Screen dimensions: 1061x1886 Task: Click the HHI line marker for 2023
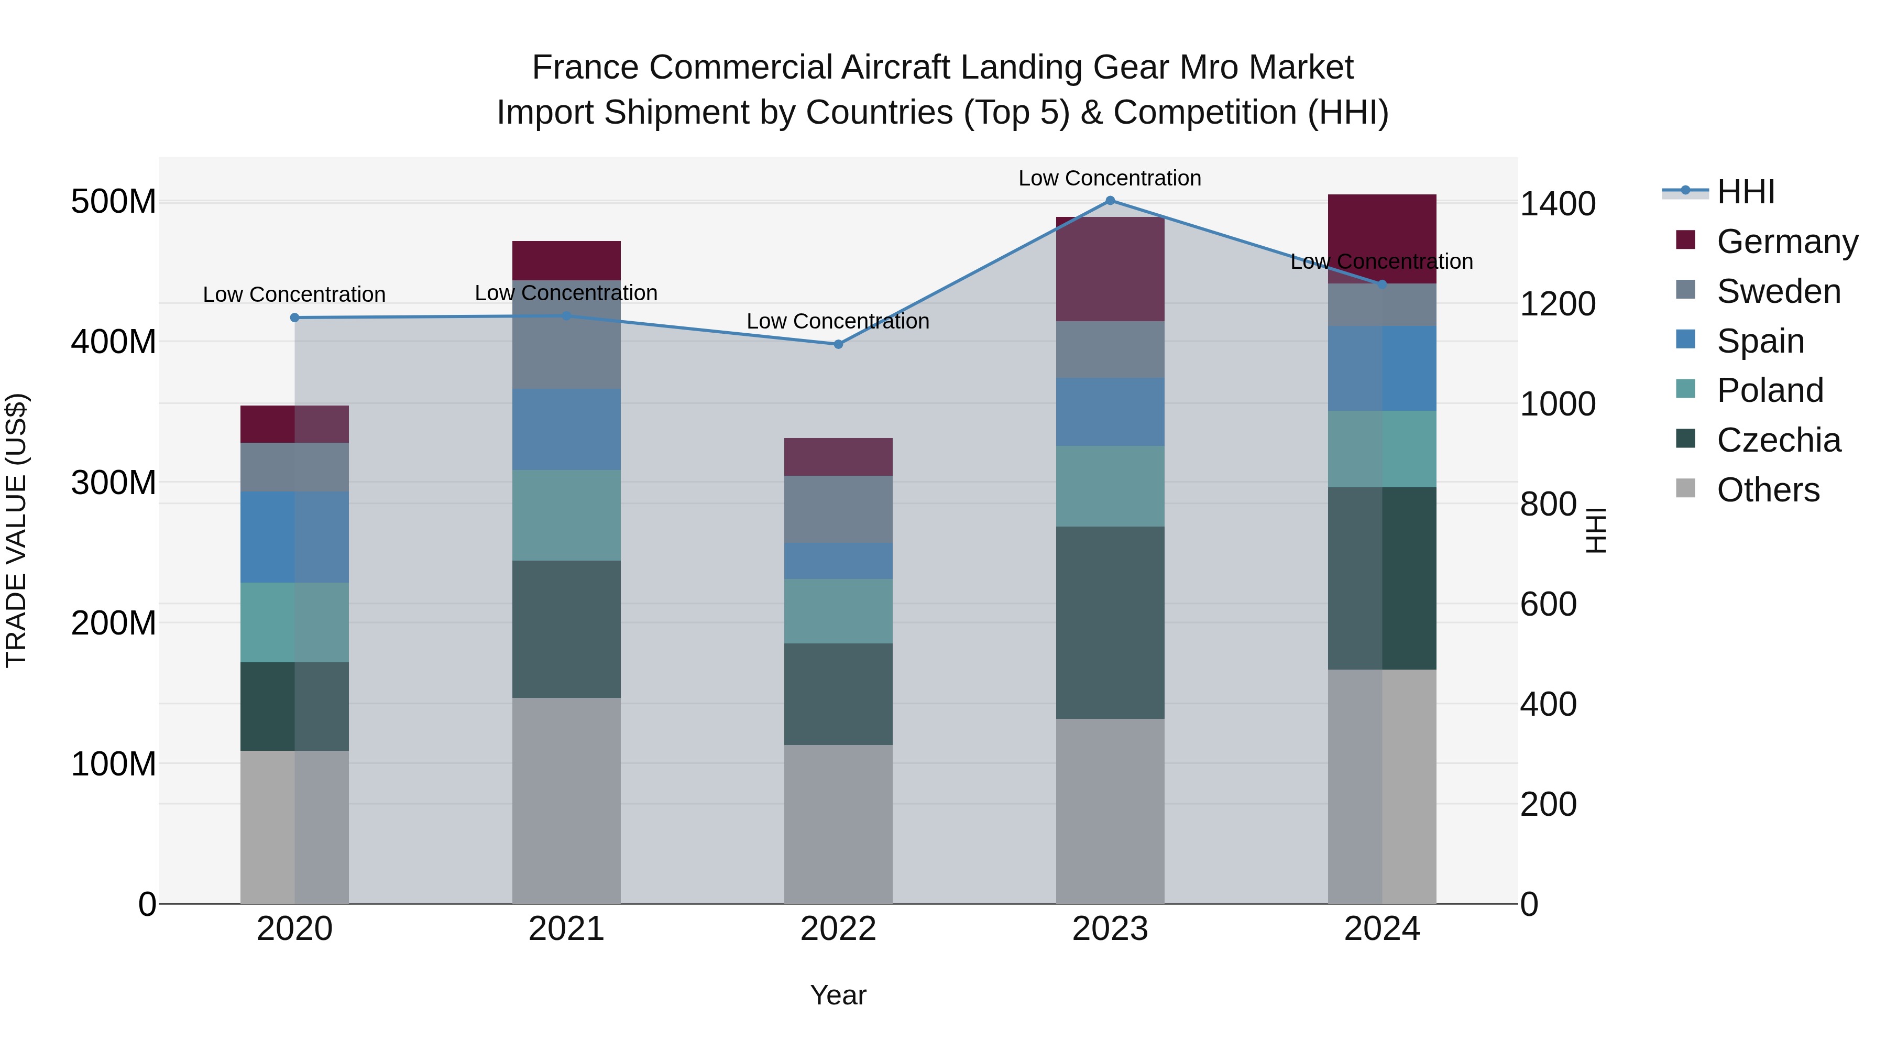[x=1110, y=201]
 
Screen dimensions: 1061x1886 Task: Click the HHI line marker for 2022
[x=838, y=344]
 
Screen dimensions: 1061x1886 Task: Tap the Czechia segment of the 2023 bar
[x=1110, y=622]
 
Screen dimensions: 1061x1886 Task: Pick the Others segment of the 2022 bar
[x=838, y=825]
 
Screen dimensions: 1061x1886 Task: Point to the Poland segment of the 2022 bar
[x=838, y=611]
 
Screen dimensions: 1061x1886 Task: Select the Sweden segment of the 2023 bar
[x=1110, y=350]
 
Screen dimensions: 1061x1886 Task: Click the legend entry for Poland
[x=1770, y=390]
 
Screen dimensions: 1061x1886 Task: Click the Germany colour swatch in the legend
[x=1685, y=240]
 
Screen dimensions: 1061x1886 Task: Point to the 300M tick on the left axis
[x=114, y=483]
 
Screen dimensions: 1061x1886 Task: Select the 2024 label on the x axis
[x=1381, y=929]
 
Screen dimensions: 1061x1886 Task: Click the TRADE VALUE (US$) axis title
[x=16, y=530]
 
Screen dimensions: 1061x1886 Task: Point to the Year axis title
[x=838, y=995]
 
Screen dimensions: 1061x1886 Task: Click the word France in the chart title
[x=585, y=68]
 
